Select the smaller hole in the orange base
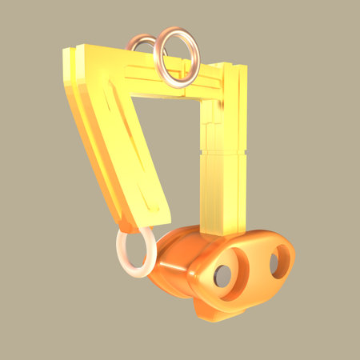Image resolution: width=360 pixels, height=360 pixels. tap(274, 262)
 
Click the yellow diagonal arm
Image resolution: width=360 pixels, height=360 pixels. tap(120, 136)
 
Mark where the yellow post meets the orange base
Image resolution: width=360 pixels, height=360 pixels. tap(220, 233)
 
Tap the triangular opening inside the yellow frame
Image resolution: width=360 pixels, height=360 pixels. tap(172, 136)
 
